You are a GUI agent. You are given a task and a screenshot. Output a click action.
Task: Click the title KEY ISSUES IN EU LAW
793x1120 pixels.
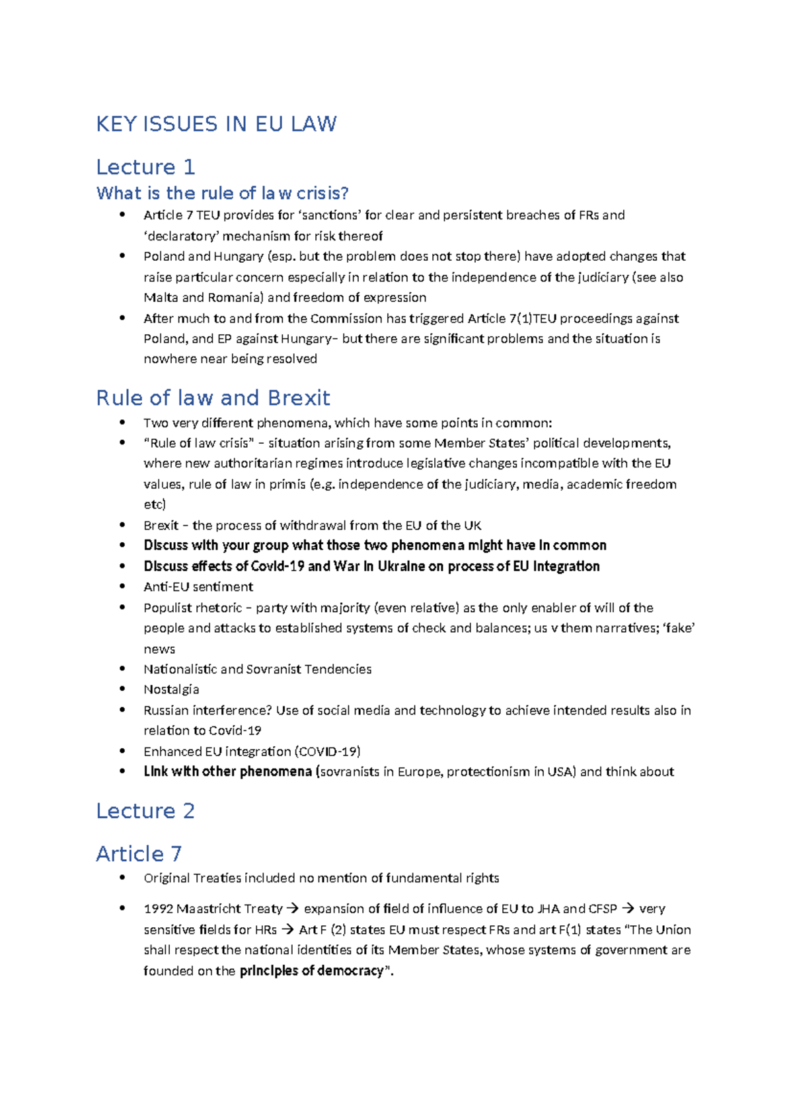(216, 124)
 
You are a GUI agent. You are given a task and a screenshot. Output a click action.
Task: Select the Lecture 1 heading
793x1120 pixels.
(145, 167)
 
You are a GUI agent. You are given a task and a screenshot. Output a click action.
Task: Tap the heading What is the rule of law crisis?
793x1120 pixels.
(222, 193)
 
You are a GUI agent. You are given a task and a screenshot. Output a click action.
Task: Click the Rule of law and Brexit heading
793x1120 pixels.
(213, 398)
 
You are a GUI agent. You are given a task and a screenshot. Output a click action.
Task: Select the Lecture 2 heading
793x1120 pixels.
(145, 811)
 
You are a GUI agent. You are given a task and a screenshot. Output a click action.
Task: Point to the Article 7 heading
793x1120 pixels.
(139, 854)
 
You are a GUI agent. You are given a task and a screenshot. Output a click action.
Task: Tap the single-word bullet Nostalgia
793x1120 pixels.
(171, 689)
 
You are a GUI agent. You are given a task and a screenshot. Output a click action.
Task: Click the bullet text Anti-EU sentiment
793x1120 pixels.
(198, 587)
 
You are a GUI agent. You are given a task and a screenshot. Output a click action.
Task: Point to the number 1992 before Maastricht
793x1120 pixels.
(158, 909)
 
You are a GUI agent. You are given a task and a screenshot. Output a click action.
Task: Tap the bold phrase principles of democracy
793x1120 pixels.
(311, 971)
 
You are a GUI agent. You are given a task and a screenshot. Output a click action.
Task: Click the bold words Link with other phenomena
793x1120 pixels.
(228, 772)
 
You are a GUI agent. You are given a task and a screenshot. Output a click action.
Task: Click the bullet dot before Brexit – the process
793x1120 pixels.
(122, 525)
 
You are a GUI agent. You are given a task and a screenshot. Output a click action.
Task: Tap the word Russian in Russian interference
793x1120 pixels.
(166, 711)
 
